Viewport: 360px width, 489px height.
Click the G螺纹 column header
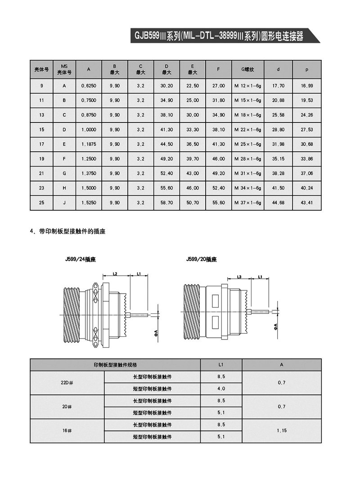click(247, 69)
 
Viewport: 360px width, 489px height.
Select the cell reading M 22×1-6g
click(247, 130)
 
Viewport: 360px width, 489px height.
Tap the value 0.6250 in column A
click(89, 86)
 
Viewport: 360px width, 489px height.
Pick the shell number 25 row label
click(42, 203)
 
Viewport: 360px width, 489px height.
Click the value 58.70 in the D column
click(167, 203)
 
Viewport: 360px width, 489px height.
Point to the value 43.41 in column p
click(307, 203)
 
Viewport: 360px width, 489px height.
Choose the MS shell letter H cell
click(64, 188)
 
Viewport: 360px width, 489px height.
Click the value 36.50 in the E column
click(193, 144)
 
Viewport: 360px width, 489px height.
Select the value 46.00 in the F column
click(219, 159)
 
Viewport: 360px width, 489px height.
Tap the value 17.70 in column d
click(278, 86)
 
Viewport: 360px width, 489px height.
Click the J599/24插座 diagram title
click(81, 260)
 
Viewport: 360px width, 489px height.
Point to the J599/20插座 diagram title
click(201, 260)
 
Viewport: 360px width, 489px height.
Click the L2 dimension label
click(115, 274)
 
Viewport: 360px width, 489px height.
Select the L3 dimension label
click(239, 276)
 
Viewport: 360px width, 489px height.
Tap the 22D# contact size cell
click(67, 383)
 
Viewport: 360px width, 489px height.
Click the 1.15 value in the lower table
click(282, 430)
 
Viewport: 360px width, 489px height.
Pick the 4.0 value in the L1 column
click(221, 389)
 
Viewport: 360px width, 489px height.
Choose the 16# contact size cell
click(67, 430)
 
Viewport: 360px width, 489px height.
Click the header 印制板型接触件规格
click(115, 365)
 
